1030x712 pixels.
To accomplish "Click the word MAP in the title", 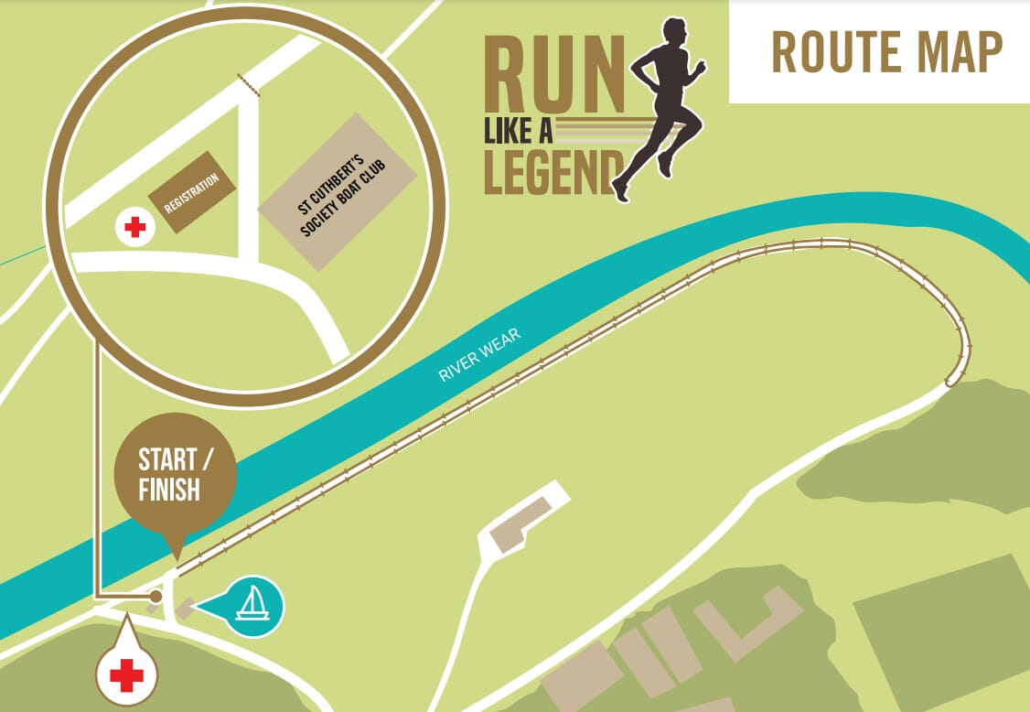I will [x=961, y=51].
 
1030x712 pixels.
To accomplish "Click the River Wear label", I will [x=479, y=356].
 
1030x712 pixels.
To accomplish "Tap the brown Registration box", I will [x=193, y=191].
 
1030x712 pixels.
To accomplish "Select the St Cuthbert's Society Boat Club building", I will [x=338, y=192].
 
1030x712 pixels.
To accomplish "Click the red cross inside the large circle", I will [x=134, y=227].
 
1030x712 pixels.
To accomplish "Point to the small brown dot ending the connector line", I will [x=156, y=596].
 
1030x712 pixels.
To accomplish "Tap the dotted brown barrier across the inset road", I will [x=248, y=86].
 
